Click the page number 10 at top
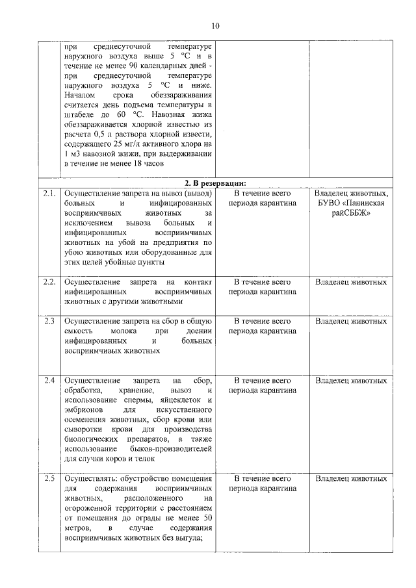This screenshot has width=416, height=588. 214,25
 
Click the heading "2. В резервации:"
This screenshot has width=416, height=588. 214,183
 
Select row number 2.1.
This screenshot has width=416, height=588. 49,194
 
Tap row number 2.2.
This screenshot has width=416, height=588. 49,282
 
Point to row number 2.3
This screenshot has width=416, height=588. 49,321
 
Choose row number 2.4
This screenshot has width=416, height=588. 49,380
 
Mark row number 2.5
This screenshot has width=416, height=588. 49,479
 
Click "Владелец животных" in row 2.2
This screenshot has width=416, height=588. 351,282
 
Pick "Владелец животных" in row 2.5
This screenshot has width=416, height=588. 351,479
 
